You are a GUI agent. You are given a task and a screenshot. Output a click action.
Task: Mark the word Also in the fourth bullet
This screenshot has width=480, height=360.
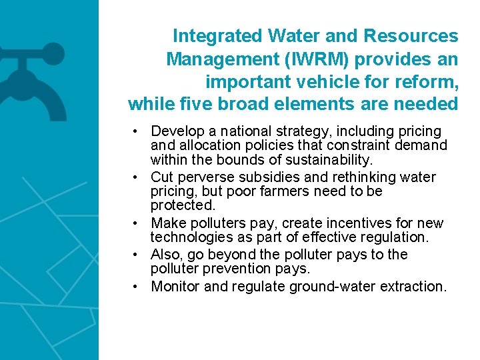[165, 255]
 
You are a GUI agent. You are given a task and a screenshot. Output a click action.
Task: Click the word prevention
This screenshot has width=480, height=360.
[231, 269]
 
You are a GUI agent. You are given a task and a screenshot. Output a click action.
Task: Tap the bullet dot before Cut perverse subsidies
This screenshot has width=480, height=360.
[135, 177]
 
